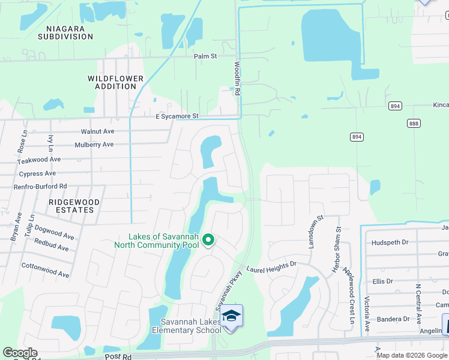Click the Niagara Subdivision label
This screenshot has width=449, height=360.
tap(66, 32)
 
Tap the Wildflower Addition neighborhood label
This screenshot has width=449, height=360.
tap(115, 82)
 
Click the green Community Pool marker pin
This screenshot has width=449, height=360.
tap(208, 240)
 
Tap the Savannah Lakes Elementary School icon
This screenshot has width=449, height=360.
tap(231, 316)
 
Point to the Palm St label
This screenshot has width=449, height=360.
tap(205, 56)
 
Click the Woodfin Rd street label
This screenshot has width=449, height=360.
tap(237, 79)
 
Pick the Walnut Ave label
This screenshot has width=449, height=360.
tap(97, 131)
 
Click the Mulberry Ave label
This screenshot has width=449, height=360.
tap(94, 145)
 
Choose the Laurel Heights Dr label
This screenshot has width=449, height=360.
tap(271, 263)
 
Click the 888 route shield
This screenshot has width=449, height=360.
tap(414, 123)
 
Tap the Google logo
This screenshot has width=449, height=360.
tap(20, 353)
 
